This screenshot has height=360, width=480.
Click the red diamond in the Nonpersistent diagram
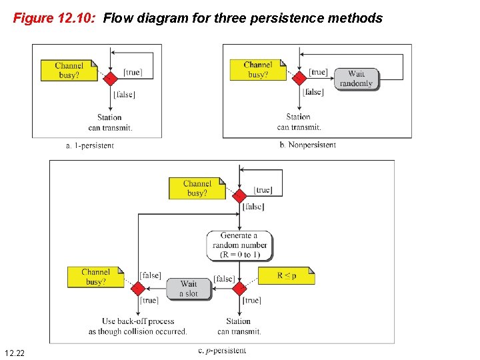click(299, 78)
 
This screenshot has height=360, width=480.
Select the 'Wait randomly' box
click(356, 79)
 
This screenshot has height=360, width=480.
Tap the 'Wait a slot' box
click(189, 289)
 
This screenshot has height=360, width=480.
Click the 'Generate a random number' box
click(239, 245)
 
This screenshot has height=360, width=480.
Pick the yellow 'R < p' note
click(286, 275)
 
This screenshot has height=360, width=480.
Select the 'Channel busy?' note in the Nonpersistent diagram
click(258, 70)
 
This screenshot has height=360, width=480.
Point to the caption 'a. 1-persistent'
click(90, 145)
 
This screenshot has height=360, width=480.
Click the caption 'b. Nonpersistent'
click(307, 145)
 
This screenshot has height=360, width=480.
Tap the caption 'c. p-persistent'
click(222, 350)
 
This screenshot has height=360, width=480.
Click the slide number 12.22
click(14, 351)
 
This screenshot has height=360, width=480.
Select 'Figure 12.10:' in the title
click(55, 18)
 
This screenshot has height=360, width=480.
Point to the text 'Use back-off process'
click(138, 321)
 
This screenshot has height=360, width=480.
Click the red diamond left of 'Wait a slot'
click(138, 289)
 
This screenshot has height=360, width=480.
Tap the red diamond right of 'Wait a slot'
click(239, 289)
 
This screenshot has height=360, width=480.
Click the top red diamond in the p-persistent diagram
click(239, 196)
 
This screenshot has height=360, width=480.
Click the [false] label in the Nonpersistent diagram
click(313, 92)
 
